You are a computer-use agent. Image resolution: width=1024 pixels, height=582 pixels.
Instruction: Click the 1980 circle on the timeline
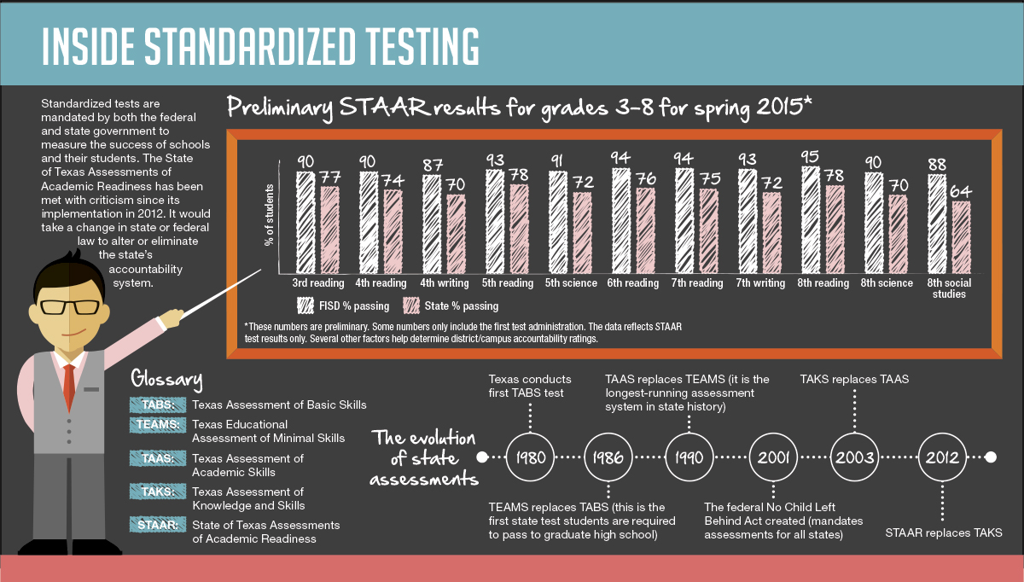(x=531, y=457)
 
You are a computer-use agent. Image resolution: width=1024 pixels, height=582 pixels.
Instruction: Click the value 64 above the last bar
(x=962, y=191)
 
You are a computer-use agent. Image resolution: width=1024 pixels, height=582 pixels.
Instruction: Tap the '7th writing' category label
(x=759, y=283)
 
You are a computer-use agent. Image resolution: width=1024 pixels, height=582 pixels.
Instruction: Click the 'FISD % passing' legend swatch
(x=305, y=306)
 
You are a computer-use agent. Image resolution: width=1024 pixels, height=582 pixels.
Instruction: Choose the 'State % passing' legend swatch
(x=411, y=306)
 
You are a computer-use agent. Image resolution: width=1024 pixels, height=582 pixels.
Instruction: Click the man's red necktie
(x=69, y=385)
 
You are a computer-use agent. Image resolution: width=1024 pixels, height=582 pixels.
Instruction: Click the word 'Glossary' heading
(x=166, y=379)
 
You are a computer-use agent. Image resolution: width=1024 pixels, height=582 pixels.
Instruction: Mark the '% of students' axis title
(x=268, y=215)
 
